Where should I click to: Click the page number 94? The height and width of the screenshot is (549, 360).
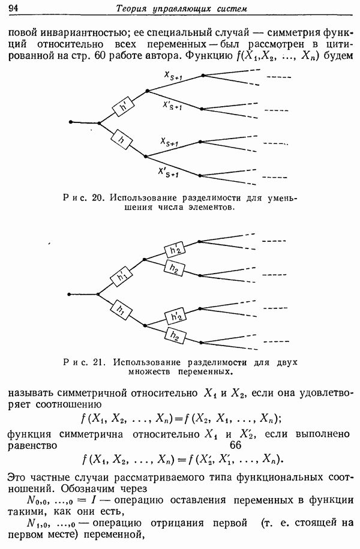13,8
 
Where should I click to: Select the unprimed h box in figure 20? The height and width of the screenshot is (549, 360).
122,140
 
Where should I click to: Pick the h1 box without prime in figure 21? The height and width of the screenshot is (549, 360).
121,310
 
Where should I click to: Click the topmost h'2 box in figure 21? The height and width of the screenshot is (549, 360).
175,250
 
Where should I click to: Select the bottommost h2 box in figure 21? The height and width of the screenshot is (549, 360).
175,336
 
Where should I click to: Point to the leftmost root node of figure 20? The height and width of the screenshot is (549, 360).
71,122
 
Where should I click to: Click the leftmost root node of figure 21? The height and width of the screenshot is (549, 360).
70,294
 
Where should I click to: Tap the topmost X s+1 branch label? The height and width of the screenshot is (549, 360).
173,76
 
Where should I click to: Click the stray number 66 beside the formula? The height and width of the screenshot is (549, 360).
235,445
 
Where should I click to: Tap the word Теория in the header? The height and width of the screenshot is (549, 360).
130,9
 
